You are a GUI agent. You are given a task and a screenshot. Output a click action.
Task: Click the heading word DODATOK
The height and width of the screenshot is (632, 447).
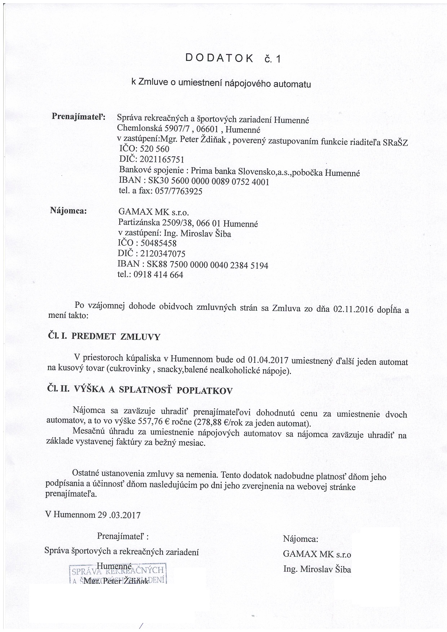point(219,58)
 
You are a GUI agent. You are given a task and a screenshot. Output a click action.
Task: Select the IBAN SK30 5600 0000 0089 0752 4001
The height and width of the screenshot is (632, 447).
point(209,182)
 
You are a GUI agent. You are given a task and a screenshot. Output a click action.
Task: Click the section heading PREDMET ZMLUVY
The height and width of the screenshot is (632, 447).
point(116,337)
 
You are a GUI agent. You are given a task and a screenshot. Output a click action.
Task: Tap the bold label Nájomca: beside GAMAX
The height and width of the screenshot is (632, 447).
point(68,211)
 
